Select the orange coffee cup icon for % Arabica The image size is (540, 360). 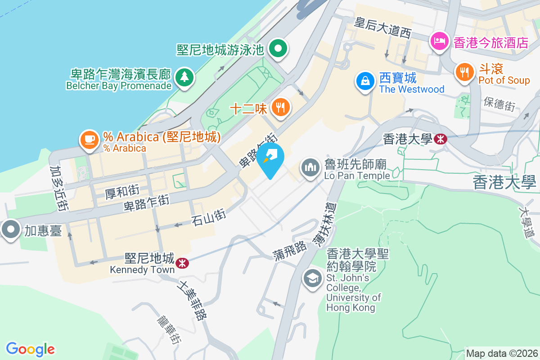click(89, 139)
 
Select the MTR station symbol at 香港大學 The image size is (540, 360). click(441, 139)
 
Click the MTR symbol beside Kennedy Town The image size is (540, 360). click(182, 262)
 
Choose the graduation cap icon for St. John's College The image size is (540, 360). click(312, 278)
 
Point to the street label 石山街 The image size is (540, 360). click(208, 219)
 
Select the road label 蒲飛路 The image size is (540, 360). click(290, 252)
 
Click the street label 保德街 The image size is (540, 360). click(499, 103)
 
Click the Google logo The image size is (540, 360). click(30, 349)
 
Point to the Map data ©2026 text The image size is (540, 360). click(501, 353)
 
